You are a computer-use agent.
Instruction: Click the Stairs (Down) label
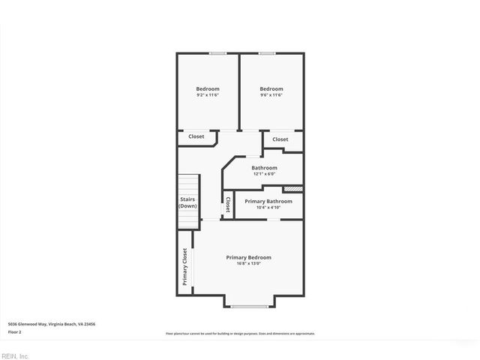tap(188, 202)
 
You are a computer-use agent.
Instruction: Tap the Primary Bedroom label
tap(249, 257)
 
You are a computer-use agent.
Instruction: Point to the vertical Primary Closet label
tap(184, 267)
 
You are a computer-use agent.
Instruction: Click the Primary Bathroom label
tap(268, 201)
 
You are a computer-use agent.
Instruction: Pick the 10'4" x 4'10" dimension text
tap(268, 208)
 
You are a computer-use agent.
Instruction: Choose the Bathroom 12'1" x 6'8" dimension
tap(264, 174)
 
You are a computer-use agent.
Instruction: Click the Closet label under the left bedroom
tap(196, 136)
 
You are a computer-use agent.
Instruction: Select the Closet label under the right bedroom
tap(280, 139)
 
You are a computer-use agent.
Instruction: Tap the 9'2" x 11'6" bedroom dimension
tap(208, 95)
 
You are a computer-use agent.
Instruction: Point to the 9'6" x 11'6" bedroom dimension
tap(271, 95)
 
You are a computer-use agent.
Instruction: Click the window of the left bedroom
tap(218, 53)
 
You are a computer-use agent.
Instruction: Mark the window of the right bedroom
tap(267, 53)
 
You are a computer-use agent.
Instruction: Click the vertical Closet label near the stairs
tap(228, 205)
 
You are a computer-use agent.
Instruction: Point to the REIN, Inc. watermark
tap(15, 355)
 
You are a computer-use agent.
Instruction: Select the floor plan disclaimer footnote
tap(240, 333)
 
